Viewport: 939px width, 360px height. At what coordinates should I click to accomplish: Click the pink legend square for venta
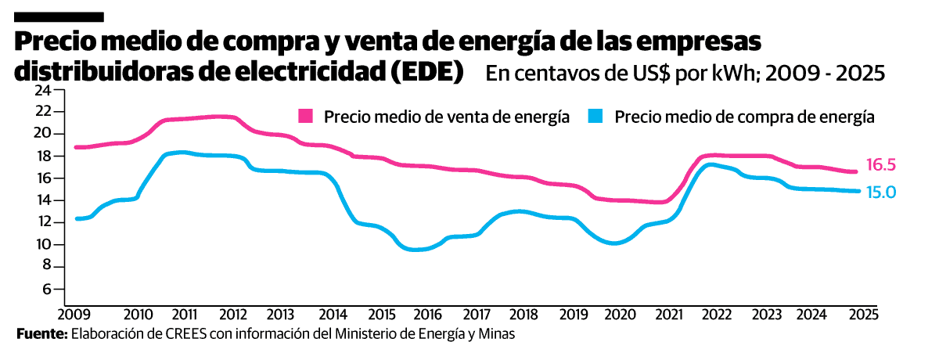coord(306,117)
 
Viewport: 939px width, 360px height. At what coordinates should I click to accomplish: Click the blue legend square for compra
coord(596,117)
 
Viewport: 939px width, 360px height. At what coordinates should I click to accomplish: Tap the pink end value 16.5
coord(880,164)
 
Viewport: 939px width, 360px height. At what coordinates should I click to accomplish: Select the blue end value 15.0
coord(880,192)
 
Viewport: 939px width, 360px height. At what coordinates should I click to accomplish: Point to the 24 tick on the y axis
coord(42,89)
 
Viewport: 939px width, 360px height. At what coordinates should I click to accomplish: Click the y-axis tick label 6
coord(46,289)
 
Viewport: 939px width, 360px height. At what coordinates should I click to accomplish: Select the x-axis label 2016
coord(427,315)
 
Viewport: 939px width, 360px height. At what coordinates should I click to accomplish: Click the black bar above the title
coord(59,16)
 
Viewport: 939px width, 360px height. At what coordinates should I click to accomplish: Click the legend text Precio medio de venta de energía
coord(446,117)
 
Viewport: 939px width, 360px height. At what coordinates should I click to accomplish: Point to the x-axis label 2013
coord(281,315)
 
